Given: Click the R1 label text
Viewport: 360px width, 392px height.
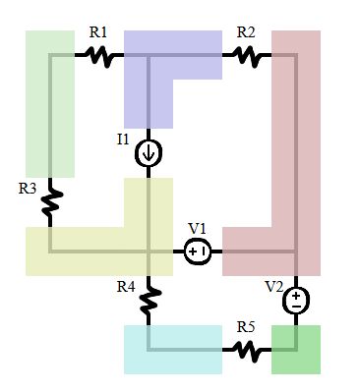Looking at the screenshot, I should [98, 32].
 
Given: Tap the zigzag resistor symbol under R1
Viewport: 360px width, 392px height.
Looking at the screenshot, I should [98, 56].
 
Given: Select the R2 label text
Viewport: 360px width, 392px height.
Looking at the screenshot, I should [246, 32].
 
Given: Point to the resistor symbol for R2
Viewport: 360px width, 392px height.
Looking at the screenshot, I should [246, 56].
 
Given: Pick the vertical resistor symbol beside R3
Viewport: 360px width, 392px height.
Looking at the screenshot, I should [50, 202].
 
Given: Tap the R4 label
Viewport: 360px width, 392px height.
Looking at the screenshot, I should [125, 287].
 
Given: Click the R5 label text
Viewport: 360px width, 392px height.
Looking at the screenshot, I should [246, 326].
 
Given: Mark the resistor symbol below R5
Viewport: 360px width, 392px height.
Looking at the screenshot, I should [246, 350].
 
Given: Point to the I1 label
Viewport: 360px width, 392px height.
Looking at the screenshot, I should [123, 140].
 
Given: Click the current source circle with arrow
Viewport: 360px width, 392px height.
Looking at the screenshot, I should [149, 153].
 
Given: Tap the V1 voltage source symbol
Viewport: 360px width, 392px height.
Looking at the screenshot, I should [198, 252].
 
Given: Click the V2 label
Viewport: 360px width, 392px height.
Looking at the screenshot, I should [273, 286].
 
